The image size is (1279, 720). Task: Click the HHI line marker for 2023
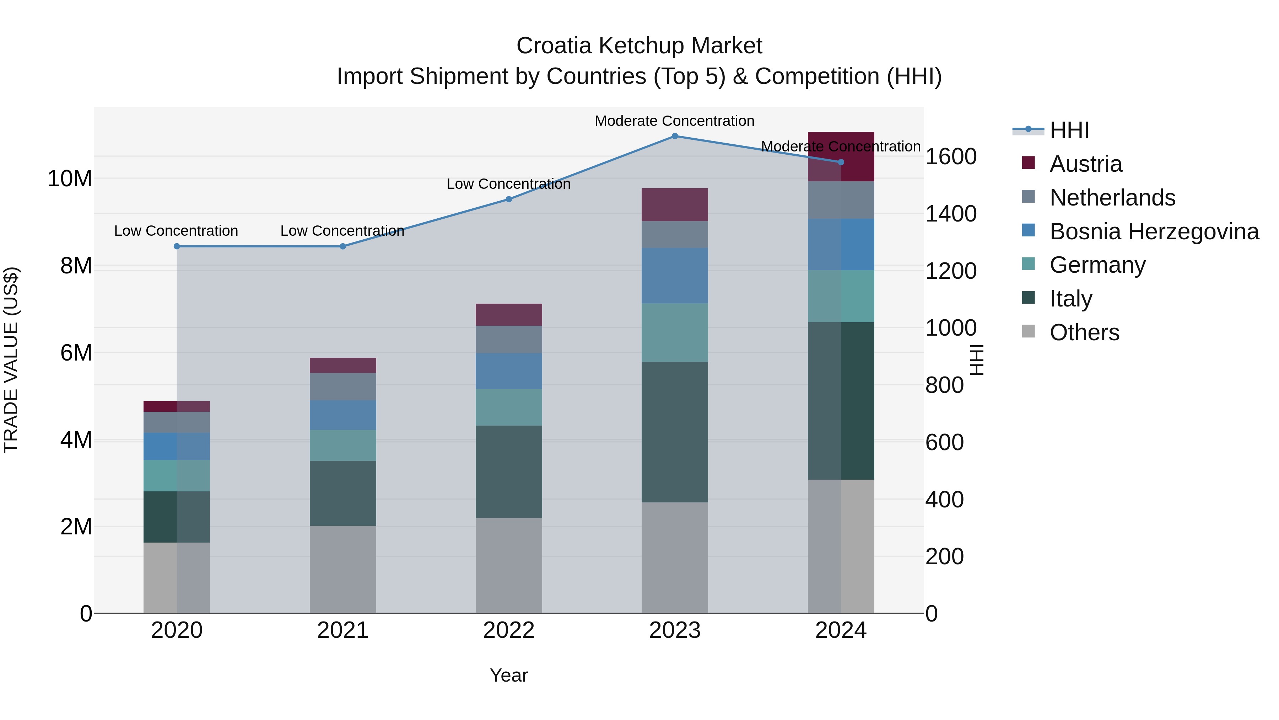coord(674,136)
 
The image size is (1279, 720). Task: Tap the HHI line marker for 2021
coord(342,246)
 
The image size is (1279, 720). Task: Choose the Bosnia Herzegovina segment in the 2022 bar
coord(508,371)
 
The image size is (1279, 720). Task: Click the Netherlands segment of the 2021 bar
coord(342,386)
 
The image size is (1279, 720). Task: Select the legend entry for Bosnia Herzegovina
coord(1153,231)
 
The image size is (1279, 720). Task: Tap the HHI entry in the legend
coord(1069,130)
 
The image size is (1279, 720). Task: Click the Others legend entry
coord(1084,332)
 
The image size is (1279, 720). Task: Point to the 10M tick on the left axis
coord(70,178)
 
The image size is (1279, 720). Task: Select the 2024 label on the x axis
coord(841,630)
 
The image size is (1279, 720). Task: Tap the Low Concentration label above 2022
coord(508,184)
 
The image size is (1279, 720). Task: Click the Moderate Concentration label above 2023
coord(674,121)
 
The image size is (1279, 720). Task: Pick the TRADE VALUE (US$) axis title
coord(11,360)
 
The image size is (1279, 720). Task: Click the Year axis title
coord(508,675)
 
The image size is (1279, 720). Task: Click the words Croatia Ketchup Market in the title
coord(639,46)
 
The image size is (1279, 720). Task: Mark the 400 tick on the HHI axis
coord(944,500)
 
